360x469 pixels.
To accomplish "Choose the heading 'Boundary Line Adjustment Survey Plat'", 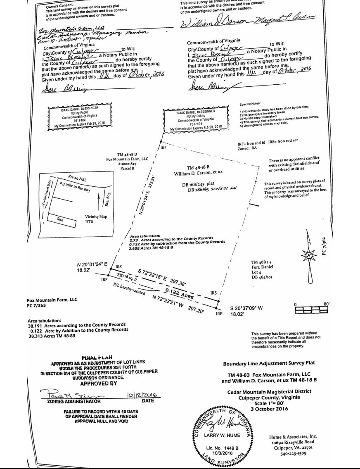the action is pos(269,363).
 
